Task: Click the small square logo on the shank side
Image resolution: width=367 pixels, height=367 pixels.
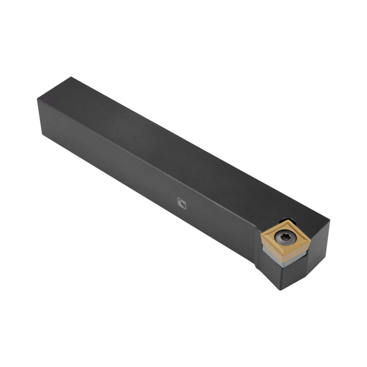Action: (x=181, y=203)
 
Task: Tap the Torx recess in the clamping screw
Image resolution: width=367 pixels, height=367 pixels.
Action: (x=284, y=239)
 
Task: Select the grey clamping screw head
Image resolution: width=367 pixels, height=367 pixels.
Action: (x=284, y=239)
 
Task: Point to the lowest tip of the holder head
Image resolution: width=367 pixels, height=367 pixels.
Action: (x=280, y=290)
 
